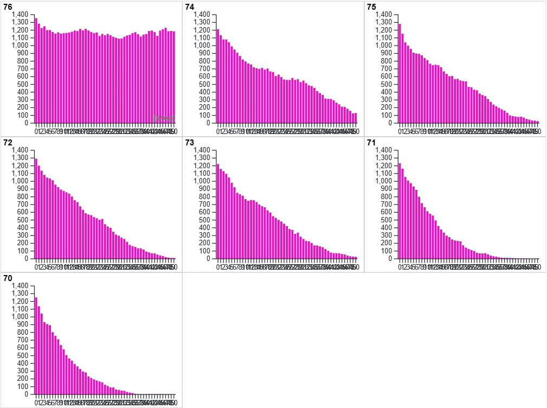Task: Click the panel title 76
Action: [x=8, y=7]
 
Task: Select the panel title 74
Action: [x=190, y=7]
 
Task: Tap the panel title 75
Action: [x=371, y=7]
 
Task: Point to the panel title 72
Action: [x=8, y=142]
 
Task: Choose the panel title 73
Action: [x=190, y=142]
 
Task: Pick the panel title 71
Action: [x=371, y=142]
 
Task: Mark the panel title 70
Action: [x=8, y=278]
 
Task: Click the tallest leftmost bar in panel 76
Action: [x=36, y=71]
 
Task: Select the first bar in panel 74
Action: [x=218, y=76]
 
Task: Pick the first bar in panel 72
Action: [x=36, y=208]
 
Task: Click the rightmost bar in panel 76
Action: [x=173, y=77]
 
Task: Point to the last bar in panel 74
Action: [x=356, y=118]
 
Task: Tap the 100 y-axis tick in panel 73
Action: [x=204, y=251]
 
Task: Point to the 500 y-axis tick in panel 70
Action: [x=22, y=356]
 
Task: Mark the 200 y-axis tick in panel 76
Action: [x=22, y=107]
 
